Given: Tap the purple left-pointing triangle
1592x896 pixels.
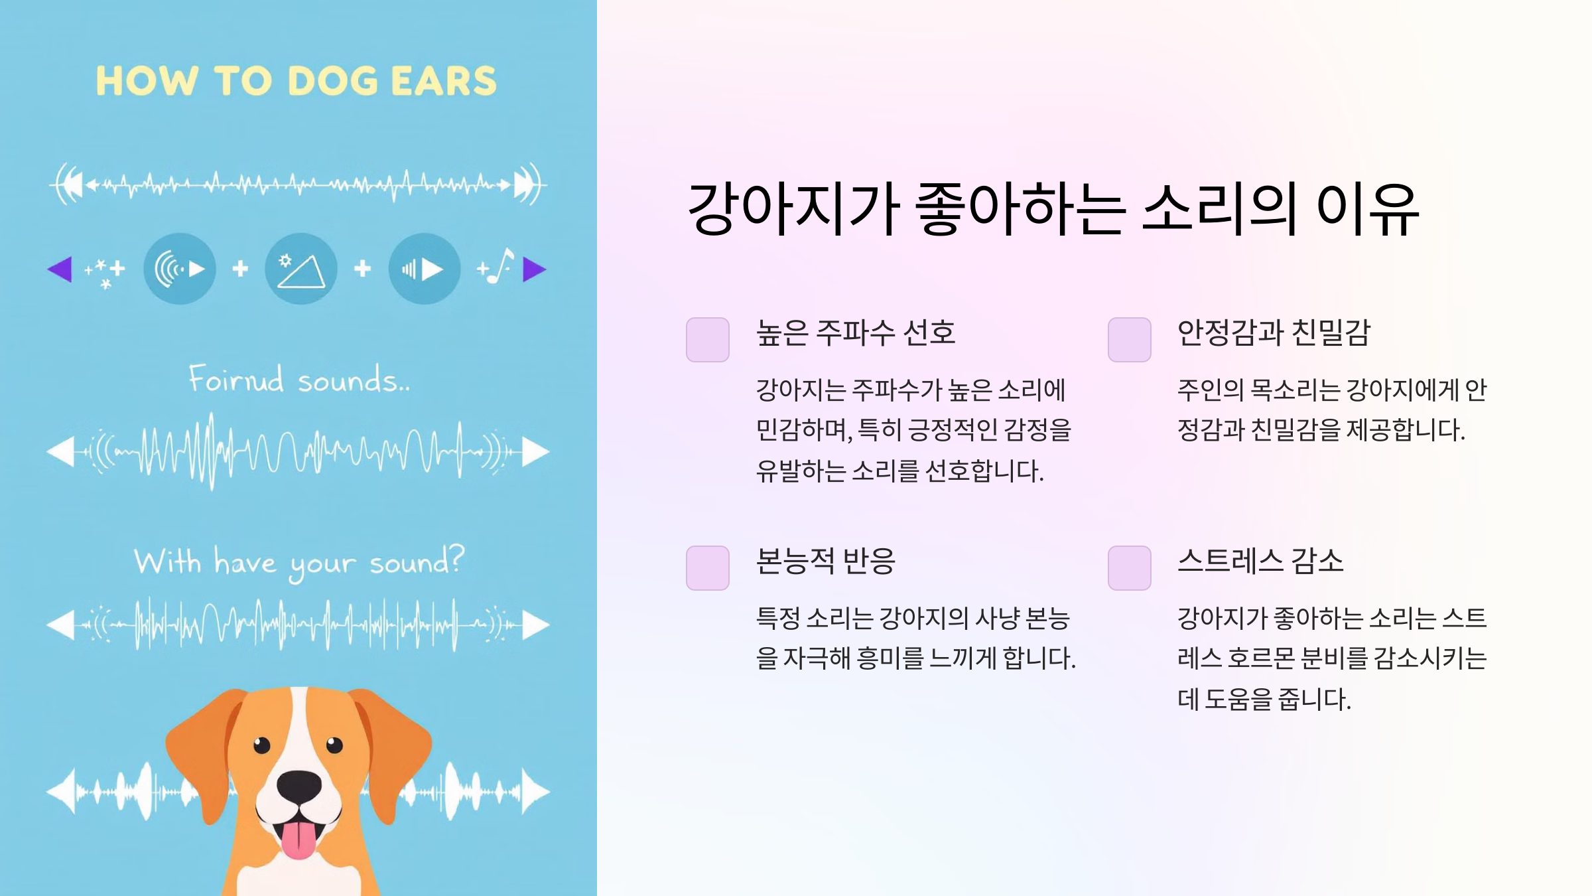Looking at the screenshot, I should [x=60, y=269].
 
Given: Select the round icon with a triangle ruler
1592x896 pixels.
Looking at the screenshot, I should [x=301, y=269].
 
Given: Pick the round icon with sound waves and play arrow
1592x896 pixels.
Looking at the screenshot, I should [x=180, y=269].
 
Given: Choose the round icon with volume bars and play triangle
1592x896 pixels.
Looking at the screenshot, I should [x=424, y=269].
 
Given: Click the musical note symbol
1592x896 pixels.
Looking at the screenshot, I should [x=502, y=265].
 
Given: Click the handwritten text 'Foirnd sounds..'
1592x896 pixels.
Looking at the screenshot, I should [x=299, y=380].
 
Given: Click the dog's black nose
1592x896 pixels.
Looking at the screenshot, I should [x=299, y=786].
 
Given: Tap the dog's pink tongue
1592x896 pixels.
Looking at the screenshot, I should [x=298, y=840].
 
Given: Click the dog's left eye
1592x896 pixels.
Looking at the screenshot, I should [x=262, y=745].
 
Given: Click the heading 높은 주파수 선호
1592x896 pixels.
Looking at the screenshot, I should [x=856, y=333].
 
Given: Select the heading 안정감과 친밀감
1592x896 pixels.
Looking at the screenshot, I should [x=1274, y=333].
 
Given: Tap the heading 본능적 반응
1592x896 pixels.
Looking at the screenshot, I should [x=826, y=561].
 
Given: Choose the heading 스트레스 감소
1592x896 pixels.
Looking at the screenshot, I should [x=1260, y=561].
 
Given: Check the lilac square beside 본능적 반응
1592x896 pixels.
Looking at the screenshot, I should [x=707, y=568].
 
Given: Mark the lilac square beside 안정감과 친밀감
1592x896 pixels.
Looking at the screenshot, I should [x=1129, y=340].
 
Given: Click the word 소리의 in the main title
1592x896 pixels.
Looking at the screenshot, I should [x=1219, y=209].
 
